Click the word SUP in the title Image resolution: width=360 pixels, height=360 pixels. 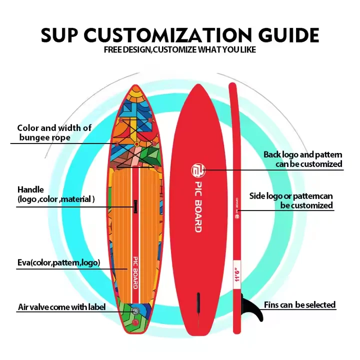pos(59,35)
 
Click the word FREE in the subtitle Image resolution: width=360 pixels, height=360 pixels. pos(114,49)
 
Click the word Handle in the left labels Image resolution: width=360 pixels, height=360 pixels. pos(30,190)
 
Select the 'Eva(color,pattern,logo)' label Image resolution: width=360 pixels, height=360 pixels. pos(59,262)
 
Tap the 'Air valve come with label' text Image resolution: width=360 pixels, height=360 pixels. pos(61,307)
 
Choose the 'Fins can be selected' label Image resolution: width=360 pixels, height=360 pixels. pos(299,304)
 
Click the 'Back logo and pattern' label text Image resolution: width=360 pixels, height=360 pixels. pos(303,155)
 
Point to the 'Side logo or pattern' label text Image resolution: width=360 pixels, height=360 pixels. pos(291,196)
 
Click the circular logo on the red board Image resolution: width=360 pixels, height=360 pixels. pos(197,170)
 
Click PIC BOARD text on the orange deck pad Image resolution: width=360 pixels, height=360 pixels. pos(134,272)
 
